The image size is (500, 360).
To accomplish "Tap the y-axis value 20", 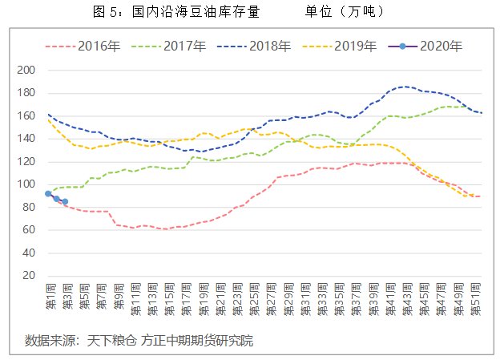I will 29,276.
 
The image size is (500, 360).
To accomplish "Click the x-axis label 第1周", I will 49,297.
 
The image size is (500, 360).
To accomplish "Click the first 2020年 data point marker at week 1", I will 48,193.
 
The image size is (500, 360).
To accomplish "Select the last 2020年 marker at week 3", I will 65,201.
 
